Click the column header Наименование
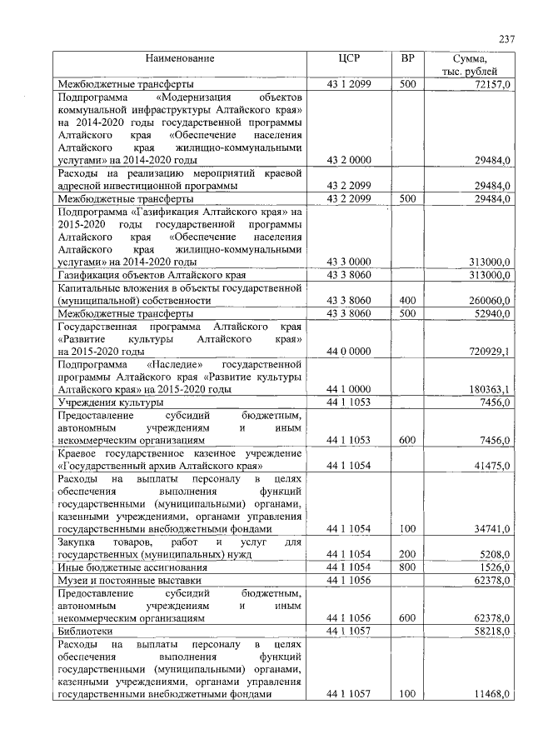tap(180, 58)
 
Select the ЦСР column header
tap(349, 58)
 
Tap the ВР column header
tap(407, 58)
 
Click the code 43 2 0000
tap(349, 159)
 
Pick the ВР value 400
tap(407, 300)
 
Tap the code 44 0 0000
tap(349, 352)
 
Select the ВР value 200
tap(407, 553)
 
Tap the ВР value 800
tap(407, 567)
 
